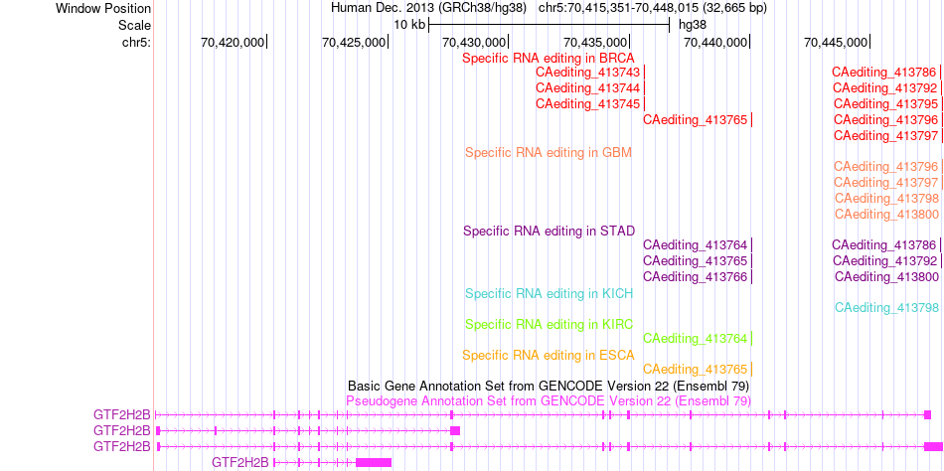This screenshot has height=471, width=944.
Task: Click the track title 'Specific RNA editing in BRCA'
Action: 549,59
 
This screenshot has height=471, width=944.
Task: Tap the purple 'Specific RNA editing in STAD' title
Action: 549,231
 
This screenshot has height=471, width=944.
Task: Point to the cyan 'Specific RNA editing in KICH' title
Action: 549,294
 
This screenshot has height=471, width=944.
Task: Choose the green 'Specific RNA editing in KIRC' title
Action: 549,325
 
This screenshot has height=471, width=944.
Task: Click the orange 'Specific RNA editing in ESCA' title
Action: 549,356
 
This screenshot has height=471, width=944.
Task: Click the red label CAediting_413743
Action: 587,73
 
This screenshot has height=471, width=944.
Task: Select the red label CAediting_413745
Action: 587,103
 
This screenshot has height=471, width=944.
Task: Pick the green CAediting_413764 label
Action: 696,338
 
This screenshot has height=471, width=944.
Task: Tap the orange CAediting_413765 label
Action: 696,369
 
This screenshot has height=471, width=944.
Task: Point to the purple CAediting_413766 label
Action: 696,277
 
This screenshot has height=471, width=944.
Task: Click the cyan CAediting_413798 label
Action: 886,308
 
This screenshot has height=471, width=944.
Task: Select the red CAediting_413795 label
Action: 886,103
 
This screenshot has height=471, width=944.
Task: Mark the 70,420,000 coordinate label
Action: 232,42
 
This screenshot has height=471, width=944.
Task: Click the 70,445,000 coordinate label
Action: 835,42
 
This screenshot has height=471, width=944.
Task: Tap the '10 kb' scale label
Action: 410,25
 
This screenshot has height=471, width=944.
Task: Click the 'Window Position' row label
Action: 103,9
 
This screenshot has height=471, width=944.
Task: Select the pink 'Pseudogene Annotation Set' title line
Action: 549,400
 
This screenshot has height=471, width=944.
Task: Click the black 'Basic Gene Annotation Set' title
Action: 549,386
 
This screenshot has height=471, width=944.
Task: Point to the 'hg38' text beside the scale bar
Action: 693,25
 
